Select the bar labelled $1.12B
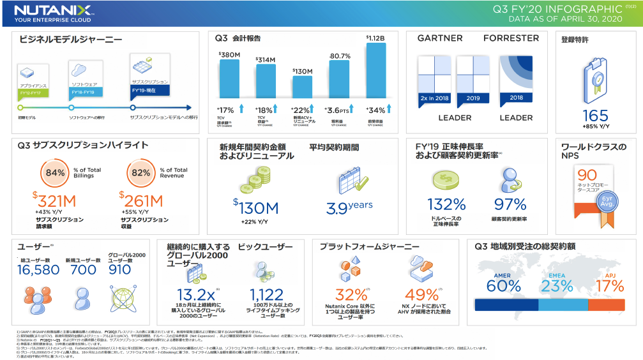tap(375, 70)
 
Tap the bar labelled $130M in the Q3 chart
tap(302, 86)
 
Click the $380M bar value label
tap(229, 55)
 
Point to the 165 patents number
tap(595, 116)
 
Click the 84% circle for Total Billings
tap(56, 173)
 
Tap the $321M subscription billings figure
tap(57, 202)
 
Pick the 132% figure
tap(446, 204)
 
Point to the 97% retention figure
tap(509, 204)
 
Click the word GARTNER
tap(440, 38)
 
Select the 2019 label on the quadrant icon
tap(473, 98)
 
